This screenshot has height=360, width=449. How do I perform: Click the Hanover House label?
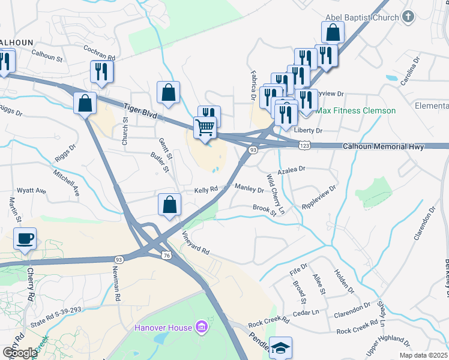click(163, 328)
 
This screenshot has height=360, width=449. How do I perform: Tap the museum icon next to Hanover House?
click(201, 328)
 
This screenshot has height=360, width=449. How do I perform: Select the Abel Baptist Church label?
click(363, 17)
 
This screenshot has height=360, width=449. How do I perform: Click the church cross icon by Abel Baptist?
click(408, 17)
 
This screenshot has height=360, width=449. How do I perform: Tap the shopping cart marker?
click(205, 128)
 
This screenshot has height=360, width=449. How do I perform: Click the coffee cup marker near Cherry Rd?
click(25, 239)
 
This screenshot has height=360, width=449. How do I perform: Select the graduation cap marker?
click(280, 349)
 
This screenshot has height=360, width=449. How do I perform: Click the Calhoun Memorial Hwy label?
click(384, 146)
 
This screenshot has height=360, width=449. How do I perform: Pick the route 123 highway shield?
click(305, 145)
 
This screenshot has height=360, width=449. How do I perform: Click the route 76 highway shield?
click(166, 256)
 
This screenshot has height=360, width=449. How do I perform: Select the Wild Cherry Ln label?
click(276, 194)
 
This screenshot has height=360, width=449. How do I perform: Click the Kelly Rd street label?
click(206, 190)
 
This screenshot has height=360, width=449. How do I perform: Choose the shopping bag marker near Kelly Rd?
click(170, 204)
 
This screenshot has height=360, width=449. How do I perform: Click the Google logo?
click(20, 353)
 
